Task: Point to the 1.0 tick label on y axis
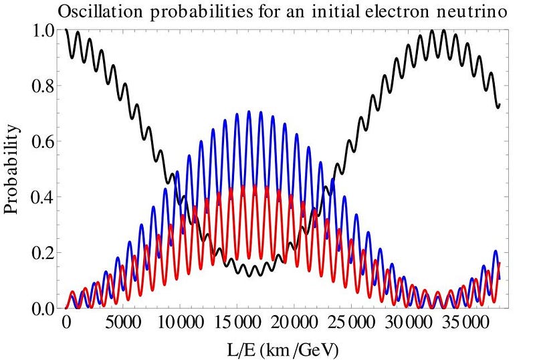point(41,29)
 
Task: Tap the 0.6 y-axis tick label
point(41,141)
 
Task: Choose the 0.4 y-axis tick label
point(41,197)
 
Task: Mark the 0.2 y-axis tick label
point(41,252)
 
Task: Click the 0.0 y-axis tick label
point(41,308)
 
